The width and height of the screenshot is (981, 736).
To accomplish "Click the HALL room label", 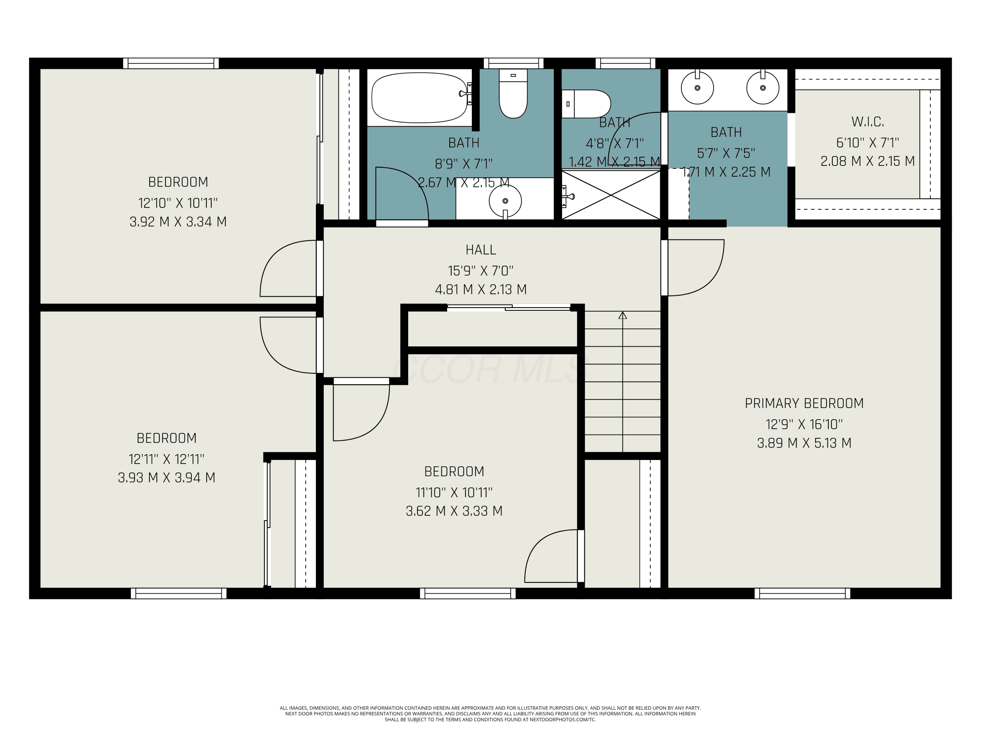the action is [481, 250].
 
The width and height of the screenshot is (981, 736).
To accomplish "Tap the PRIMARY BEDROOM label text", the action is [804, 403].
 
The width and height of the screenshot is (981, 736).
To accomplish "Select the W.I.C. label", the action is [868, 122].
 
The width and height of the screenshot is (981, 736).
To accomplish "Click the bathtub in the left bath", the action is [419, 97].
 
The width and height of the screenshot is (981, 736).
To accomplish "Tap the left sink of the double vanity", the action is [697, 87].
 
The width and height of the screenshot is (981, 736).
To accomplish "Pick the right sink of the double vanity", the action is [763, 87].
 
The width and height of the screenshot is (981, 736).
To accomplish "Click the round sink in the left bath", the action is [505, 201].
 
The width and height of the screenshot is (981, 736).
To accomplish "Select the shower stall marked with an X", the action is [611, 195].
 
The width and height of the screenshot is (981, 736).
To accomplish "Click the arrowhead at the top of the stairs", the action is [623, 315].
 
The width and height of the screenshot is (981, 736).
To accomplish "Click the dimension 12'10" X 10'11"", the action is [178, 203].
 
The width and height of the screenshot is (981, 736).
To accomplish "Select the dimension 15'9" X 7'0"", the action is [481, 271].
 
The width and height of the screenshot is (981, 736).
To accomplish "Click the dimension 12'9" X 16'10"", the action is [804, 425].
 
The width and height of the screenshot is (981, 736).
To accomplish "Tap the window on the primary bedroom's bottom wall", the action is [802, 594].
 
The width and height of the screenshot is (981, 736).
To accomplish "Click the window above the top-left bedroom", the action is [171, 63].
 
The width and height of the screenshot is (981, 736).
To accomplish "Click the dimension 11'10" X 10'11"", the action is [454, 492].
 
